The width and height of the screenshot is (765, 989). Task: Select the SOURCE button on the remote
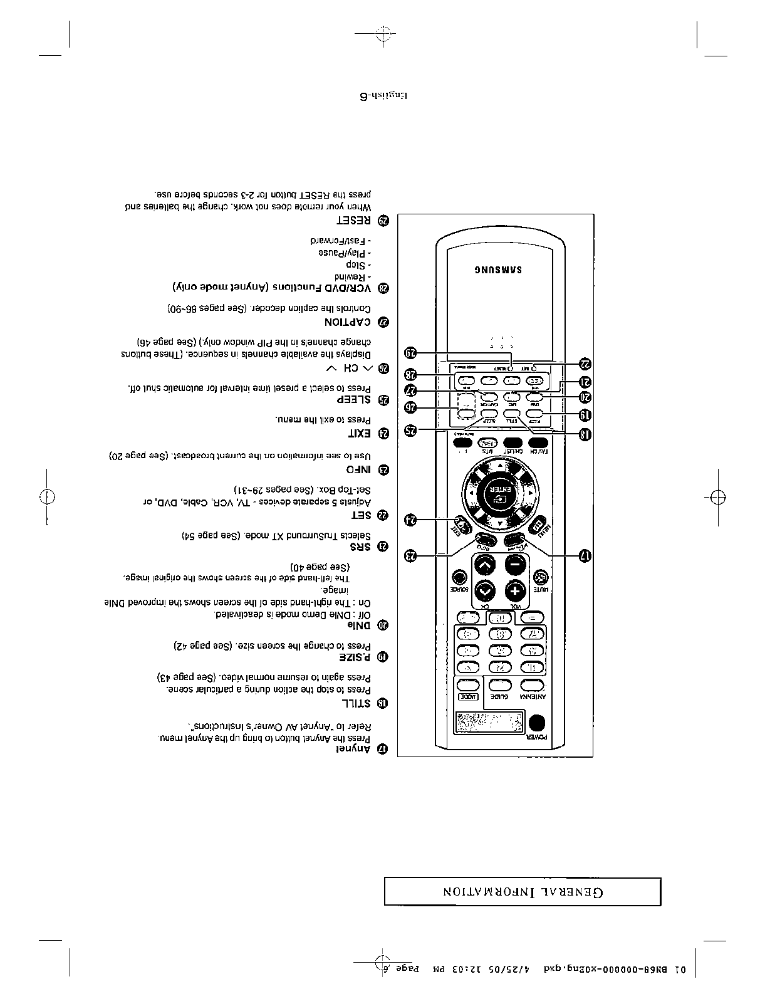point(460,577)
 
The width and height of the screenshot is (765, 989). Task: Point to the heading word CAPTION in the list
point(348,322)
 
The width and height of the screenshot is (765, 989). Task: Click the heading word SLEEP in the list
point(355,399)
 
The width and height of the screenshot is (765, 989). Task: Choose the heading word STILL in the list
point(356,703)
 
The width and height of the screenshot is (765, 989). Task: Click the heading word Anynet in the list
point(351,749)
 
